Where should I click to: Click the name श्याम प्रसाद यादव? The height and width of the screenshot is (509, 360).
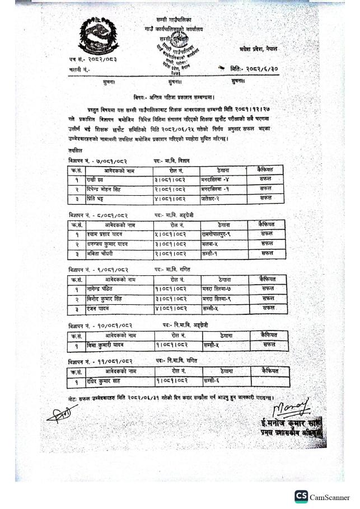pos(105,234)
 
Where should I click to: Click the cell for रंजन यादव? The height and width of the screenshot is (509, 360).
pos(101,308)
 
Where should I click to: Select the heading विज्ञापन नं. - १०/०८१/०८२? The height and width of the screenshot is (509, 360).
pos(100,324)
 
